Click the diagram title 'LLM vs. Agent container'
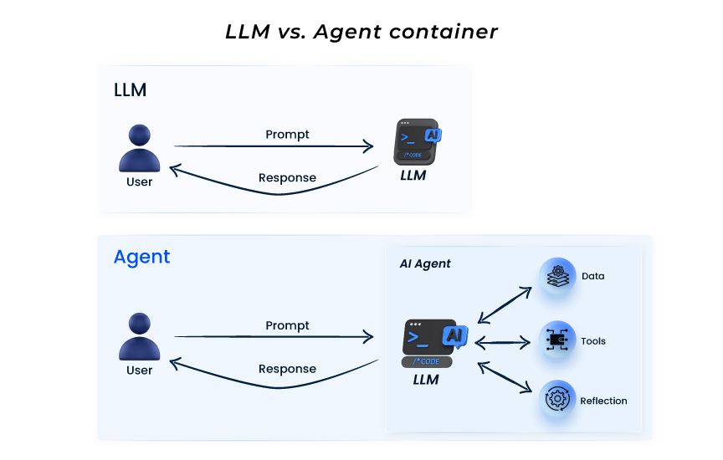pos(361,32)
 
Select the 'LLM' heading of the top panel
pos(130,90)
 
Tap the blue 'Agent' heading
pos(141,257)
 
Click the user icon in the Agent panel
pos(139,337)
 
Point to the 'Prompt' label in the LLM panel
pos(287,134)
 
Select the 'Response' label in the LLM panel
pos(287,177)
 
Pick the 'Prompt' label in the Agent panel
pos(287,325)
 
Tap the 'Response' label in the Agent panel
pos(287,369)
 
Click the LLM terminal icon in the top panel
pos(417,141)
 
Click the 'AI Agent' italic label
pos(425,263)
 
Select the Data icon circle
pos(557,276)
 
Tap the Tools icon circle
pos(557,340)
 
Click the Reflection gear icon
pos(557,400)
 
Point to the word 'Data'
pos(593,276)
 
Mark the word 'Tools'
pos(593,341)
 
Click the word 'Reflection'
pos(603,401)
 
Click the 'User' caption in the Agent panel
pos(139,371)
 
